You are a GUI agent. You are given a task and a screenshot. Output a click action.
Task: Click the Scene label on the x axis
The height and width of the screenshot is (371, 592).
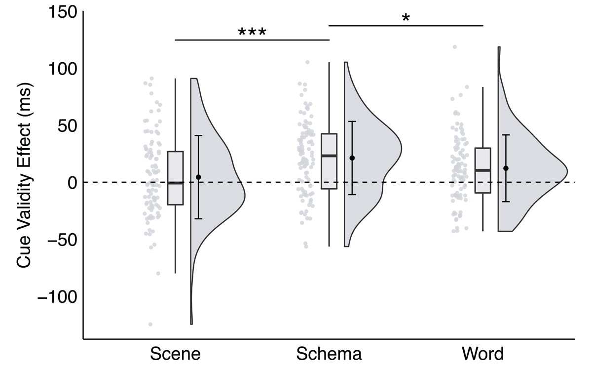click(x=176, y=354)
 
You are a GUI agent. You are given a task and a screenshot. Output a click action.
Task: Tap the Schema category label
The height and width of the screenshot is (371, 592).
click(x=329, y=354)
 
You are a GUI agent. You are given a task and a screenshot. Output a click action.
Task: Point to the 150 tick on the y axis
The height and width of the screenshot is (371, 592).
click(x=63, y=12)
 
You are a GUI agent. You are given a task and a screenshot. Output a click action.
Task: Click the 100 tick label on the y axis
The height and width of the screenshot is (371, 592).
click(x=63, y=69)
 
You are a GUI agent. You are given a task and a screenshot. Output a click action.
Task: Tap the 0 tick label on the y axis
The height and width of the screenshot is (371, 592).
click(x=72, y=182)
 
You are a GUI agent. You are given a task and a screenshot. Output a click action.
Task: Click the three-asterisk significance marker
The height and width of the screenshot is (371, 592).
click(x=252, y=33)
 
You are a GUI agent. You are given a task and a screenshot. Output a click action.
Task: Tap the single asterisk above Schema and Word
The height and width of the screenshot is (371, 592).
click(x=406, y=18)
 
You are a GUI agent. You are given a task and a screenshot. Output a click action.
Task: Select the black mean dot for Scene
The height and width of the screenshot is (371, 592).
click(x=198, y=177)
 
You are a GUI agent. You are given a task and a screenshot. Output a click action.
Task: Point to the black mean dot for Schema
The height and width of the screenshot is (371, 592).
click(x=352, y=158)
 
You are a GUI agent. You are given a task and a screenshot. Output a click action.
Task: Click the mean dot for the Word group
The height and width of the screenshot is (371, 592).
click(x=506, y=168)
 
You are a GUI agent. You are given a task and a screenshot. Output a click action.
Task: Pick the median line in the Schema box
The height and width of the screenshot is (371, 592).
click(x=329, y=156)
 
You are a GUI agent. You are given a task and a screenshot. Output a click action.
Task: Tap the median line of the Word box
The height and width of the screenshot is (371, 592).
click(x=482, y=170)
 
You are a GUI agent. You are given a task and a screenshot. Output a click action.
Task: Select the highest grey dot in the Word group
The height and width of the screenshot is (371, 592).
click(x=455, y=47)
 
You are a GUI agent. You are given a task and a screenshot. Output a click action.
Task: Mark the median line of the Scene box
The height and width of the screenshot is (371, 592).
click(x=176, y=183)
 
